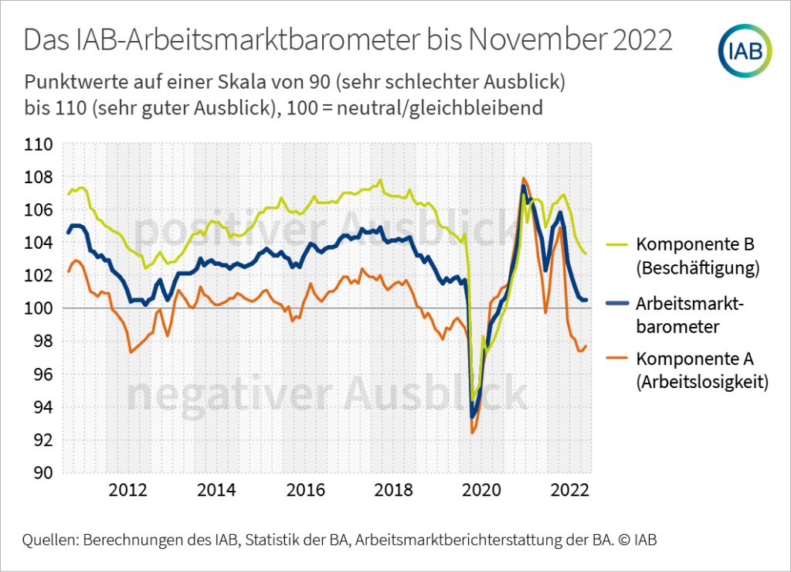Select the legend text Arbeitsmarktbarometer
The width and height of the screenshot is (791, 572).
coord(690,315)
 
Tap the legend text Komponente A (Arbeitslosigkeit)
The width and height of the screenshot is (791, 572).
coord(702,370)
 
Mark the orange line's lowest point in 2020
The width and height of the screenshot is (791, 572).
coord(472,433)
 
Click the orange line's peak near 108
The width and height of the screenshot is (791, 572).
coord(524,179)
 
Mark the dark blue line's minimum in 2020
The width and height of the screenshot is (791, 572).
coord(472,417)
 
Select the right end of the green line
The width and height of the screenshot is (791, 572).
coord(586,254)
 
